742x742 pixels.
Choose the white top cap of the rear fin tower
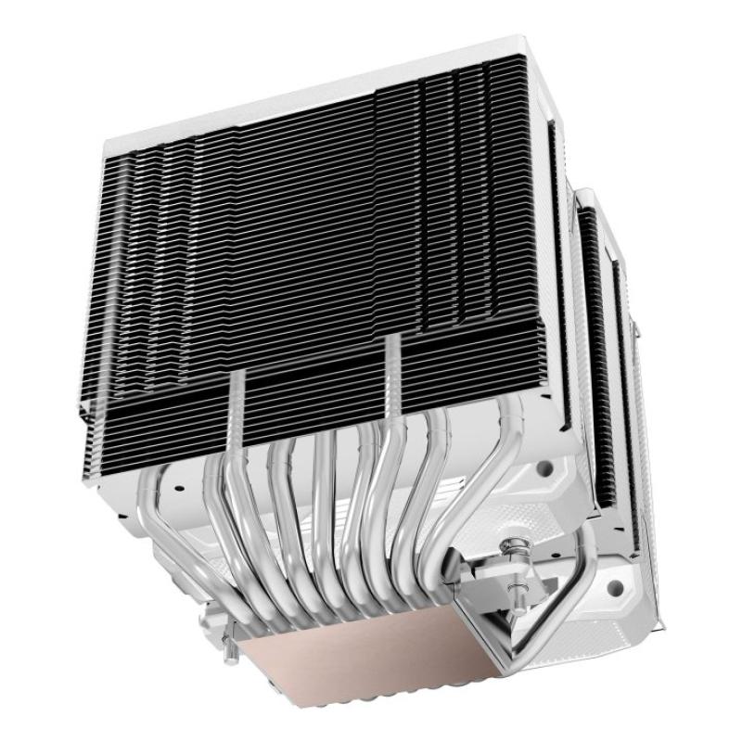(594, 199)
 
